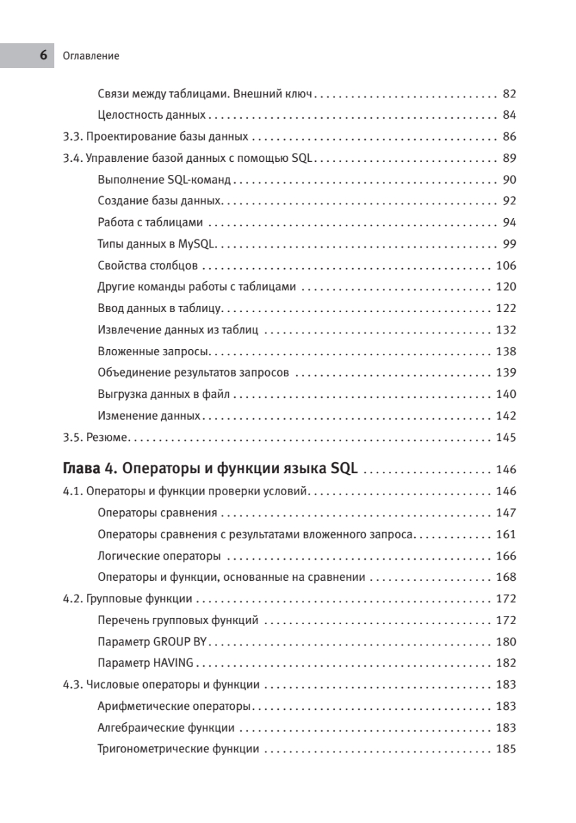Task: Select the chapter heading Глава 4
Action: point(88,470)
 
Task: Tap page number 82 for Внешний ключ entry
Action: point(509,94)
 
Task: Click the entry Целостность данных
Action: point(152,115)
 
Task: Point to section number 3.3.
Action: point(72,136)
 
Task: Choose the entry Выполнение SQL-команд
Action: point(164,180)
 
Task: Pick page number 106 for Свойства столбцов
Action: point(505,265)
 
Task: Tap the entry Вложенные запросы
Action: point(153,352)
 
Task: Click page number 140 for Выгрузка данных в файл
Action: point(505,394)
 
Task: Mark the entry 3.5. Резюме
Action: point(97,438)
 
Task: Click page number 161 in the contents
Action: point(505,534)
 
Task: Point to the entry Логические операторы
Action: point(159,556)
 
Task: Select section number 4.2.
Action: point(72,599)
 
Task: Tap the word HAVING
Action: point(175,663)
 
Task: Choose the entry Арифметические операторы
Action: point(174,706)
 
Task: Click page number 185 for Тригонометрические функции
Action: point(505,749)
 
